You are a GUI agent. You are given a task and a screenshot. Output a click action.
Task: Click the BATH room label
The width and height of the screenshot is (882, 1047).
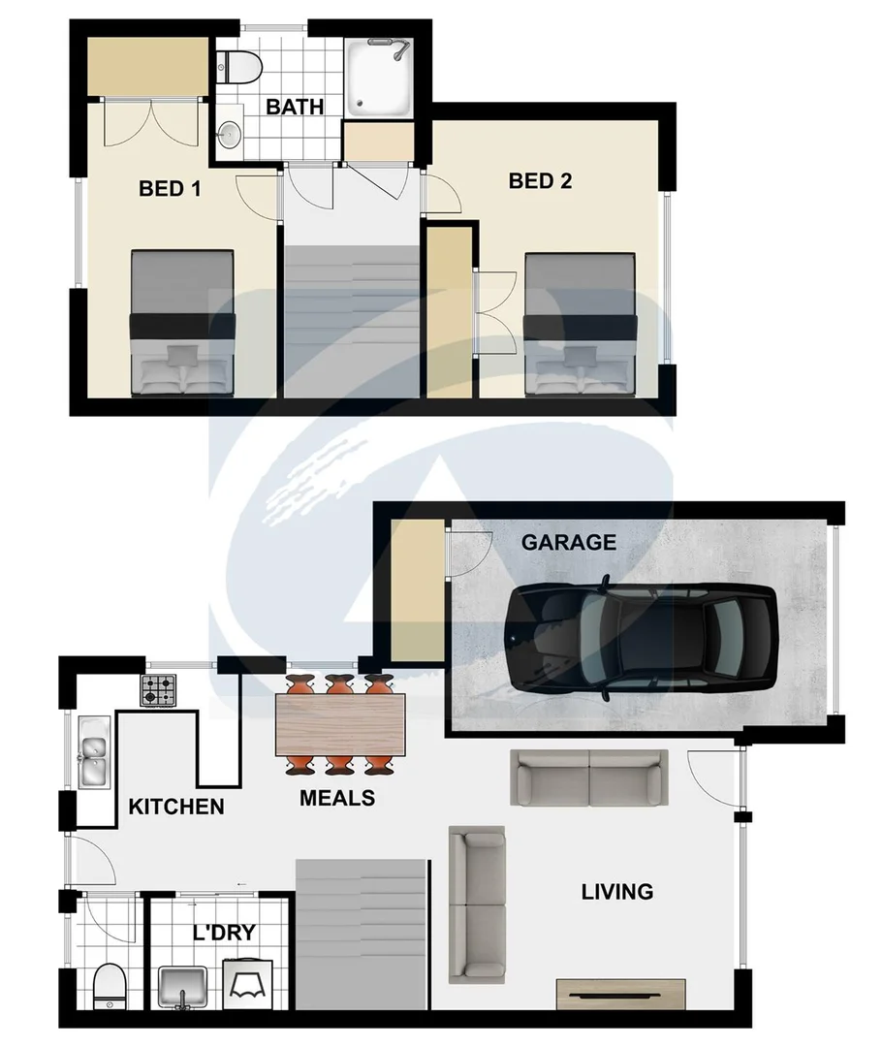[x=295, y=107]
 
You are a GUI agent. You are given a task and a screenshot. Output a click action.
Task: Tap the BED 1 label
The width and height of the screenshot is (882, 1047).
[x=170, y=188]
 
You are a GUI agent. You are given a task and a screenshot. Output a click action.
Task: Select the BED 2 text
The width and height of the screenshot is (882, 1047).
[x=541, y=181]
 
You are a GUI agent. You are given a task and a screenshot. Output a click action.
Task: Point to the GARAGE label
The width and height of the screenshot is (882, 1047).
[x=568, y=542]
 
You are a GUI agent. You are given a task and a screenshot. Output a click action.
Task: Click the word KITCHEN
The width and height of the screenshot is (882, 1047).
[x=176, y=806]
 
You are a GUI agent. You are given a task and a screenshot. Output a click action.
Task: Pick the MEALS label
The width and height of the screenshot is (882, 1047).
[x=337, y=799]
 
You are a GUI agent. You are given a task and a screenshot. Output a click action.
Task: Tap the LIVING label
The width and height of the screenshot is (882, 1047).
[x=617, y=891]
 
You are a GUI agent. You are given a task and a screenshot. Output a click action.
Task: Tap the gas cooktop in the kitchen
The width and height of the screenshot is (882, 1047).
[x=160, y=690]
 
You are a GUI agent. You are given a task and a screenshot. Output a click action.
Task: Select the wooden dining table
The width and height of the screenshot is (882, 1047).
[x=339, y=725]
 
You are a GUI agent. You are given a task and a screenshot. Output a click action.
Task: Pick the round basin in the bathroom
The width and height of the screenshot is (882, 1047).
[x=230, y=136]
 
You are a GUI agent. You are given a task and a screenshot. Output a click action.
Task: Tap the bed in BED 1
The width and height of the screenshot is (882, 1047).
[x=182, y=323]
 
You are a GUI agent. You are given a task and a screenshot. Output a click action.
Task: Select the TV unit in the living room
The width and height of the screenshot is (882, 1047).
[x=620, y=994]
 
